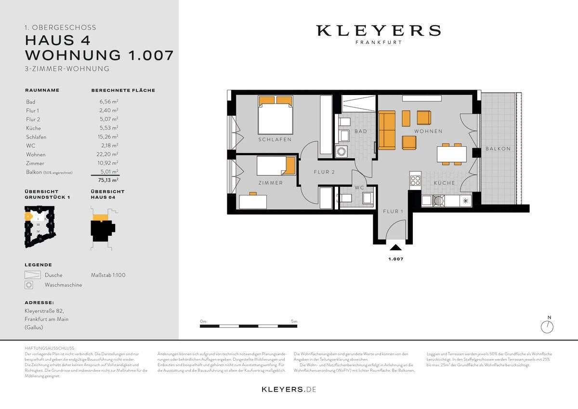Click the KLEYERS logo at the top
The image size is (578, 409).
click(378, 31)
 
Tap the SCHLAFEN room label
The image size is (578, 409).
click(275, 140)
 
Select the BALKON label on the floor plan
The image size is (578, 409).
click(498, 149)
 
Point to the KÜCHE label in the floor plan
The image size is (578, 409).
click(444, 183)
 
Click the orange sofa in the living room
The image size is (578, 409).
click(387, 130)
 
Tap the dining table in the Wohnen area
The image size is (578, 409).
click(451, 154)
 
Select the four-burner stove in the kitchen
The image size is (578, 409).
click(415, 181)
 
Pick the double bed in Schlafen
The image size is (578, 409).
click(276, 116)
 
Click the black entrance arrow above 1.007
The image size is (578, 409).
click(395, 248)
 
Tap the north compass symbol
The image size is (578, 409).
click(547, 327)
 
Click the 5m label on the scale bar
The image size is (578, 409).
click(294, 321)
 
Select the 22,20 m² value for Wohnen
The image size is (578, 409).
click(108, 155)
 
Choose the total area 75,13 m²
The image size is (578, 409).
click(108, 180)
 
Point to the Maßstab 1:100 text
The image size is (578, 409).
click(108, 275)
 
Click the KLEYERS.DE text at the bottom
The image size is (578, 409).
click(289, 389)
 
